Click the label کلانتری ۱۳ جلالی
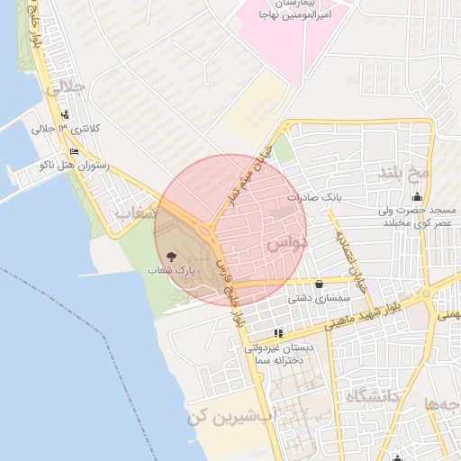(x=68, y=130)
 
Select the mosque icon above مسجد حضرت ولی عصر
(x=416, y=197)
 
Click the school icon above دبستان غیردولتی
(x=278, y=333)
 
